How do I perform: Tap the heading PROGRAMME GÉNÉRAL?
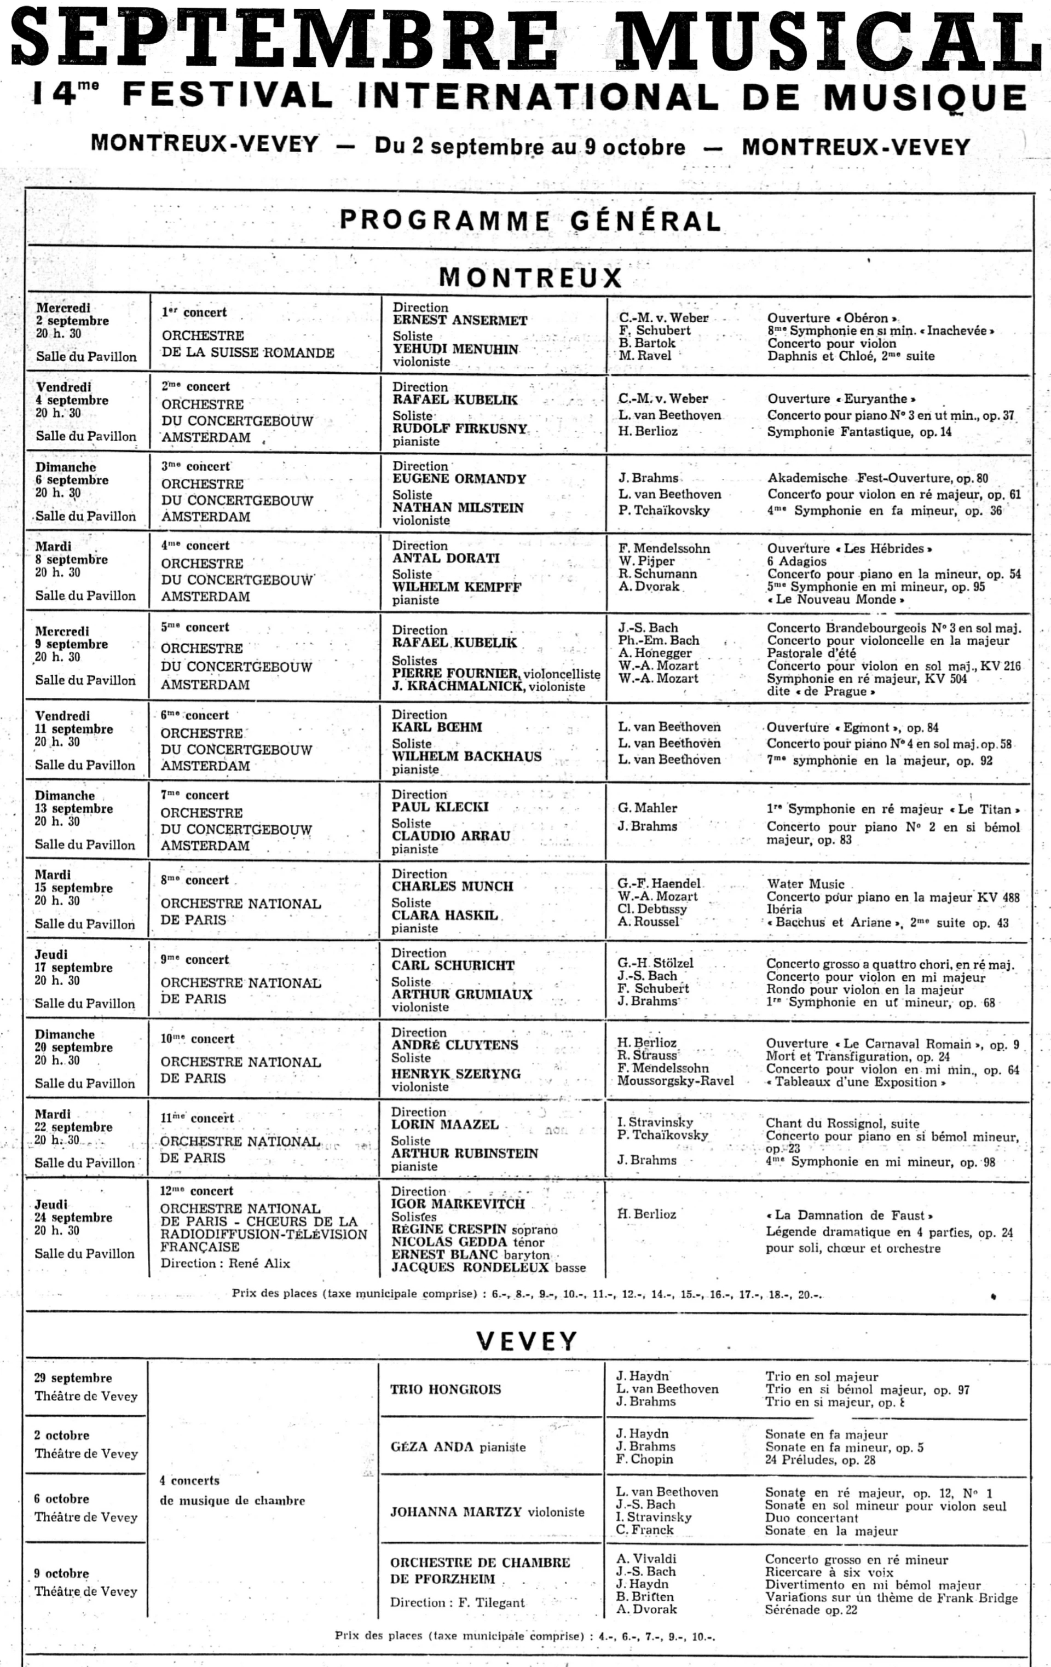pos(530,220)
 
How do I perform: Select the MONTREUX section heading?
pos(530,277)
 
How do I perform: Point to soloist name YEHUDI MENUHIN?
pos(455,349)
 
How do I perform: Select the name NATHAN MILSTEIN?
pos(458,507)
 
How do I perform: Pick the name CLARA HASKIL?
pos(444,914)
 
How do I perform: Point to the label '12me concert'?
pos(197,1191)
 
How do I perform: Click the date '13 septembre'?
pos(73,808)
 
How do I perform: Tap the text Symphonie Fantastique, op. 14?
pos(858,432)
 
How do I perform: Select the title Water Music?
pos(805,883)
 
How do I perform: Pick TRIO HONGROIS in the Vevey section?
pos(444,1388)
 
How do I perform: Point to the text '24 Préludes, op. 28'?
pos(820,1460)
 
